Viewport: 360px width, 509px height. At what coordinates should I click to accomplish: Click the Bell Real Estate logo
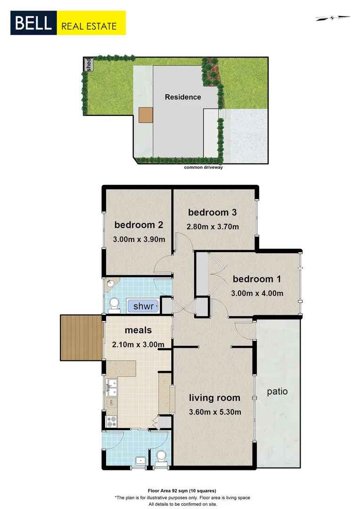[x=68, y=23]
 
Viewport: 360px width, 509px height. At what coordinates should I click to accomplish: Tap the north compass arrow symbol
[x=333, y=18]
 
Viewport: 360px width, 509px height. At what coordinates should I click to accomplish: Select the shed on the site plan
[x=88, y=64]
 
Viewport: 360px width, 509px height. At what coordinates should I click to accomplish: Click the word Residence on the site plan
[x=183, y=97]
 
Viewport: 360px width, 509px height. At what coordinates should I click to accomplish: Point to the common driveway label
[x=203, y=167]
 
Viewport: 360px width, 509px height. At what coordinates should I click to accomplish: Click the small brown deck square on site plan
[x=146, y=115]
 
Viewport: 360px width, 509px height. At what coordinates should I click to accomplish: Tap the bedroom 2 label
[x=139, y=224]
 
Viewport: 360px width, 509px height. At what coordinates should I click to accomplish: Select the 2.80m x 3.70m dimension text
[x=213, y=227]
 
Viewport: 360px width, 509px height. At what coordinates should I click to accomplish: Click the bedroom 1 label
[x=257, y=279]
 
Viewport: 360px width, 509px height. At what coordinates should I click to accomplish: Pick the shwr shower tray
[x=143, y=307]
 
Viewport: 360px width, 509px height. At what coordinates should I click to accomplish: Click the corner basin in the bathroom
[x=110, y=283]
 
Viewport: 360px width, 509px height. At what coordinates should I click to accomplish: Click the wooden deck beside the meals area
[x=82, y=337]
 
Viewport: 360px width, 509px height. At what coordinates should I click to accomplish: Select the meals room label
[x=138, y=330]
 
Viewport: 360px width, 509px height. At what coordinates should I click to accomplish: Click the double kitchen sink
[x=112, y=387]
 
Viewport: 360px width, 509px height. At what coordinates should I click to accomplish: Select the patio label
[x=277, y=391]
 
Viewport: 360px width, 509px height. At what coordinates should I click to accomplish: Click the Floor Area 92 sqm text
[x=181, y=490]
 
